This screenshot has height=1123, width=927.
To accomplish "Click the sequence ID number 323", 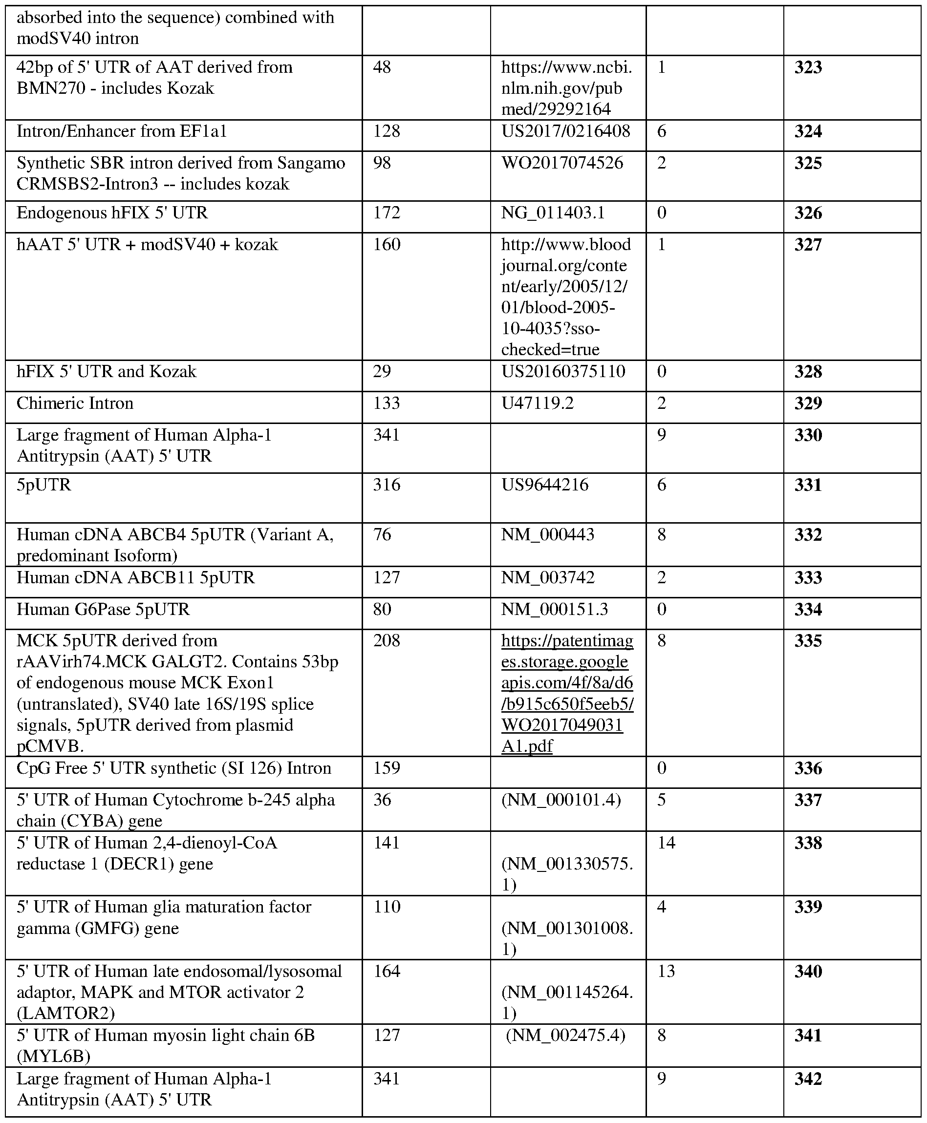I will pyautogui.click(x=807, y=68).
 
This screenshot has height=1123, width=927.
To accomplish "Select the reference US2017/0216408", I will pyautogui.click(x=565, y=131).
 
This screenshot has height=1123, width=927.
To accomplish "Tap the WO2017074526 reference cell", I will pyautogui.click(x=562, y=163).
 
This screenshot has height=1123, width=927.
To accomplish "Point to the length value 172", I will pyautogui.click(x=386, y=213).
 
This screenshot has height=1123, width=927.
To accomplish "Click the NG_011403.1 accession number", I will pyautogui.click(x=553, y=213).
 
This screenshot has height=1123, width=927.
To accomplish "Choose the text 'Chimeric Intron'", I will pyautogui.click(x=75, y=403).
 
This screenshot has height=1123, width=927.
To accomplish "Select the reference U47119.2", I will pyautogui.click(x=537, y=403).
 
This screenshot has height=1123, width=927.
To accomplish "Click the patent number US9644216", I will pyautogui.click(x=545, y=485).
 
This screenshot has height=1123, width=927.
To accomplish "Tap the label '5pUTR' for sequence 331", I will pyautogui.click(x=44, y=485).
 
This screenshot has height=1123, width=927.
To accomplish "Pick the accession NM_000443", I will pyautogui.click(x=547, y=534).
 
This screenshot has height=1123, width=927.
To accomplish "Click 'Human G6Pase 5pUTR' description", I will pyautogui.click(x=103, y=609).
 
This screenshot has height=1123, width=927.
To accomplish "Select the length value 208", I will pyautogui.click(x=386, y=640).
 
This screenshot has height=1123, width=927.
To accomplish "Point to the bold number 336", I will pyautogui.click(x=807, y=768).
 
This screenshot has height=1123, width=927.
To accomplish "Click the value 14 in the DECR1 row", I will pyautogui.click(x=667, y=843).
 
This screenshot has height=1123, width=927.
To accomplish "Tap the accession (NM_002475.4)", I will pyautogui.click(x=565, y=1036).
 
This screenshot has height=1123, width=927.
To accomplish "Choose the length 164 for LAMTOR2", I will pyautogui.click(x=386, y=971).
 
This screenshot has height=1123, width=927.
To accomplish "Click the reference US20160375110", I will pyautogui.click(x=563, y=372).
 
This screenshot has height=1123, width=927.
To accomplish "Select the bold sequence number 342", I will pyautogui.click(x=807, y=1079).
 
